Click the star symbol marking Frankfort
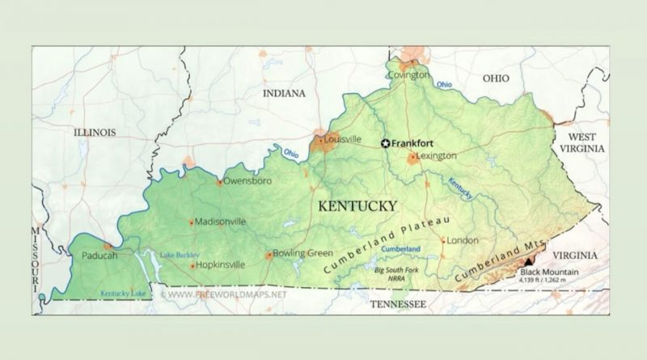point(386,142)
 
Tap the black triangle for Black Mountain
point(529,261)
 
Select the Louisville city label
point(343,139)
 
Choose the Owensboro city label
point(248,181)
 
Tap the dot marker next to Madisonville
point(192,222)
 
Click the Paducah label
point(99,256)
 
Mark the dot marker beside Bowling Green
point(269,255)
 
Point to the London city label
point(463,240)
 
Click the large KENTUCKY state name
point(357,205)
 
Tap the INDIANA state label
point(284,94)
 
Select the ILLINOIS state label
point(95,132)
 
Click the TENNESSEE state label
point(397,304)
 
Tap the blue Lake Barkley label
point(179,256)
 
